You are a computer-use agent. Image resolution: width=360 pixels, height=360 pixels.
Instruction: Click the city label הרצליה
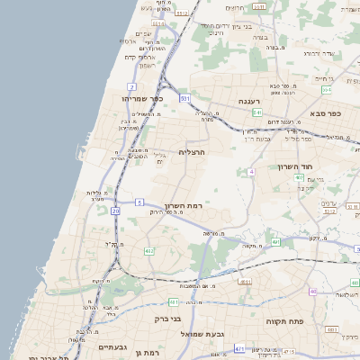[193, 152]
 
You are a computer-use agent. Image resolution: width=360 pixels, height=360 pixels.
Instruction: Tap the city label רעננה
[249, 102]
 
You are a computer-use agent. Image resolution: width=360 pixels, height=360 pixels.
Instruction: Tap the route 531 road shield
[184, 97]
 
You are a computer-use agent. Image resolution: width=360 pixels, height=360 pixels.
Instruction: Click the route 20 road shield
[115, 211]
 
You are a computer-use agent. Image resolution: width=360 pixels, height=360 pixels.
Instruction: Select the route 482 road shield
[149, 251]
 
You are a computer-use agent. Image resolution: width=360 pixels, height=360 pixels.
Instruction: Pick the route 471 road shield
[239, 347]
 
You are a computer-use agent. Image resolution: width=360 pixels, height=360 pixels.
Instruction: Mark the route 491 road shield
[275, 241]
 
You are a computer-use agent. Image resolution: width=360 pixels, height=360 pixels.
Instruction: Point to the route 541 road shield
[257, 112]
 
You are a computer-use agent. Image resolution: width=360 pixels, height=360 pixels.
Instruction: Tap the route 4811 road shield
[173, 302]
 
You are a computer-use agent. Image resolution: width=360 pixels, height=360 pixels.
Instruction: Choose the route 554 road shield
[327, 90]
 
